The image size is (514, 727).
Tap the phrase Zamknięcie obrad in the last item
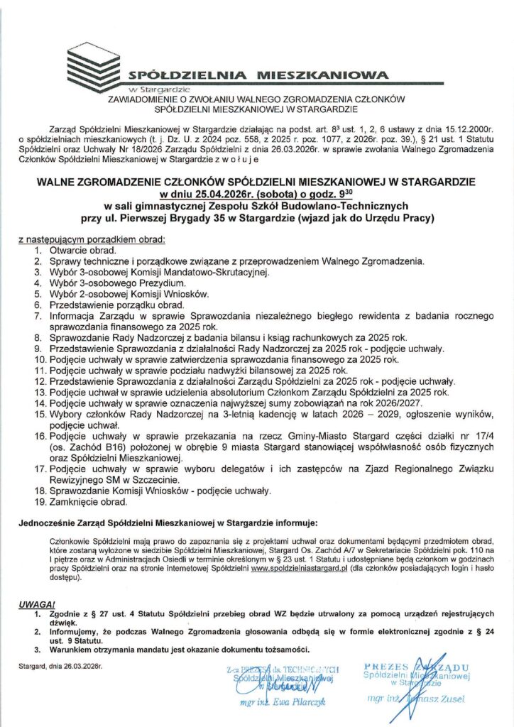pos(87,502)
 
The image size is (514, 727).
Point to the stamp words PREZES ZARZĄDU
pos(416,667)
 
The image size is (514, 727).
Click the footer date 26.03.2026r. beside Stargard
pos(80,667)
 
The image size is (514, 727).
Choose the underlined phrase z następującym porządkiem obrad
pos(91,239)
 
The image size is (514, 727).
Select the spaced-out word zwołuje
pos(236,161)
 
